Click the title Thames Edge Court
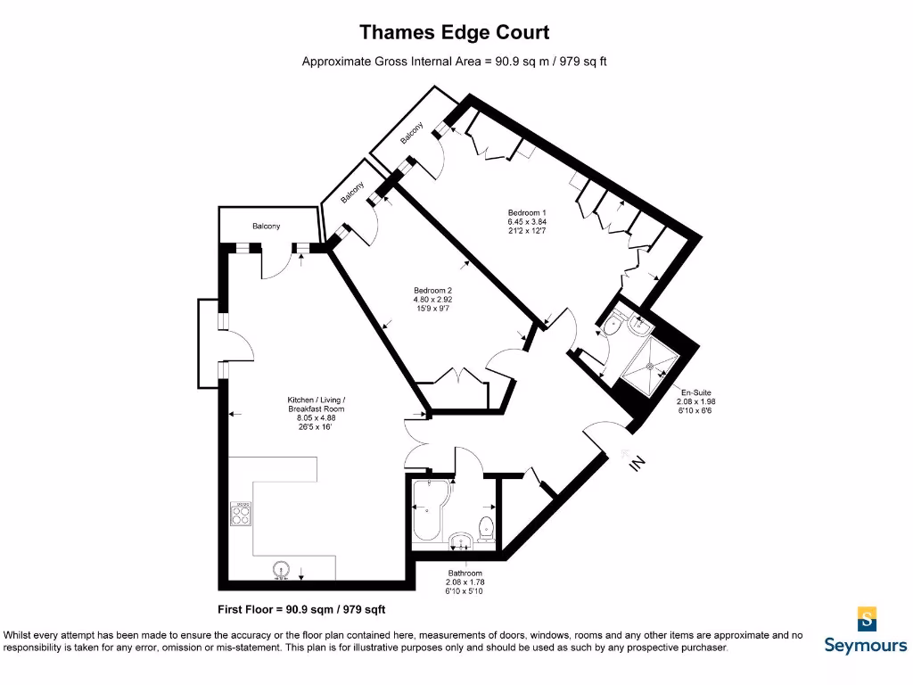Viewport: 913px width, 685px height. coord(454,33)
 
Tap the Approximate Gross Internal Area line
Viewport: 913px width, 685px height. coord(454,62)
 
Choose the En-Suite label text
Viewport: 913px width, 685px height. coord(695,401)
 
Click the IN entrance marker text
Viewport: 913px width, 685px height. coord(637,463)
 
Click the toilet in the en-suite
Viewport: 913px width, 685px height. coord(613,327)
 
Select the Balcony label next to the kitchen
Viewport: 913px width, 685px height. coord(266,226)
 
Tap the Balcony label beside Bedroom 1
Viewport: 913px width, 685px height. coord(411,133)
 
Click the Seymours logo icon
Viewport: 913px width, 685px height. coord(866,618)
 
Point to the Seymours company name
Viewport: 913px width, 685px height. coord(865,645)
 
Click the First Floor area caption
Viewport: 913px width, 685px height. coord(301,610)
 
